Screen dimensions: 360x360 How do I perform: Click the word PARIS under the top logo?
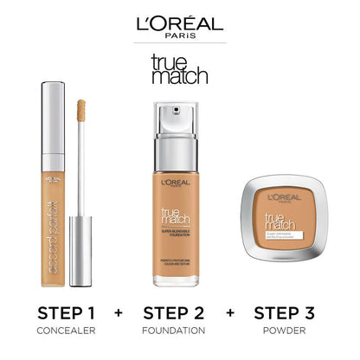click(x=179, y=36)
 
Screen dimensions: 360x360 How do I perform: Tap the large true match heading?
click(x=179, y=67)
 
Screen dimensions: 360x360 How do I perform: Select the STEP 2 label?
click(x=180, y=312)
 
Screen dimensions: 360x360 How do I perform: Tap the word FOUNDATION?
click(x=180, y=331)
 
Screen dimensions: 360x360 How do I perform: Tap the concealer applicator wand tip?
click(x=84, y=112)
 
